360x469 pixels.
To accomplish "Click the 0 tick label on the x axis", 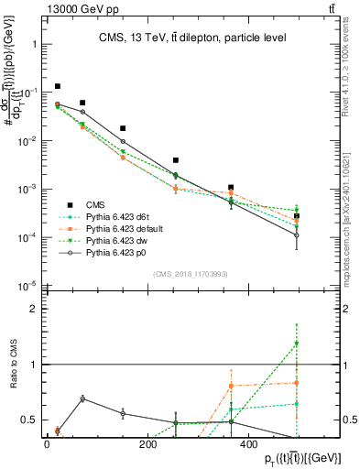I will [47, 445].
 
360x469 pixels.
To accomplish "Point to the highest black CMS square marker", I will [57, 86].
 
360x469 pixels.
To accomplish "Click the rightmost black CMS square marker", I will [297, 216].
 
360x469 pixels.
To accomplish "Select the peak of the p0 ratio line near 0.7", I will [82, 398].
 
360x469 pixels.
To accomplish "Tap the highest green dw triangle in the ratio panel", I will [297, 344].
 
